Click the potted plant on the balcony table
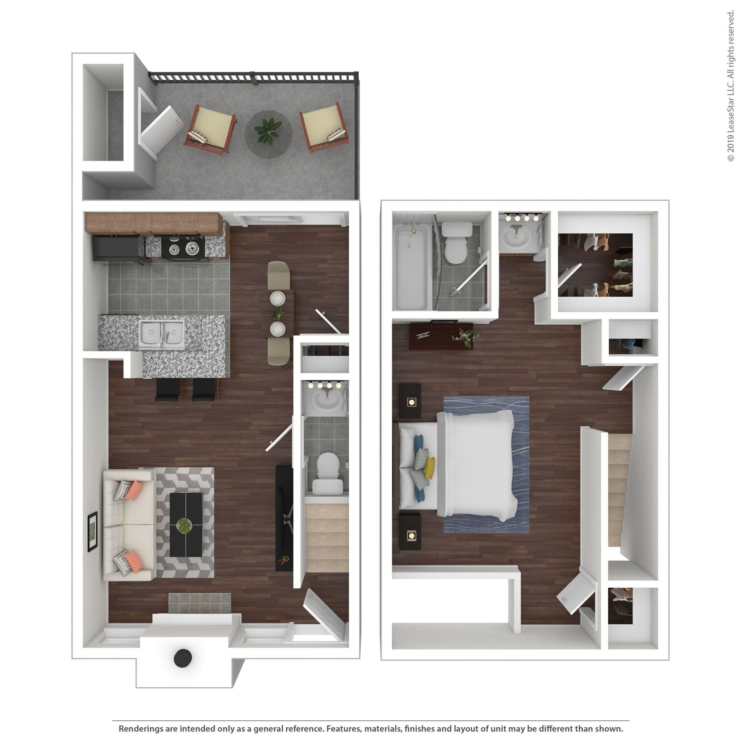pyautogui.click(x=268, y=130)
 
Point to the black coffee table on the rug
pyautogui.click(x=186, y=525)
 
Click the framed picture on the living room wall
pyautogui.click(x=92, y=532)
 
